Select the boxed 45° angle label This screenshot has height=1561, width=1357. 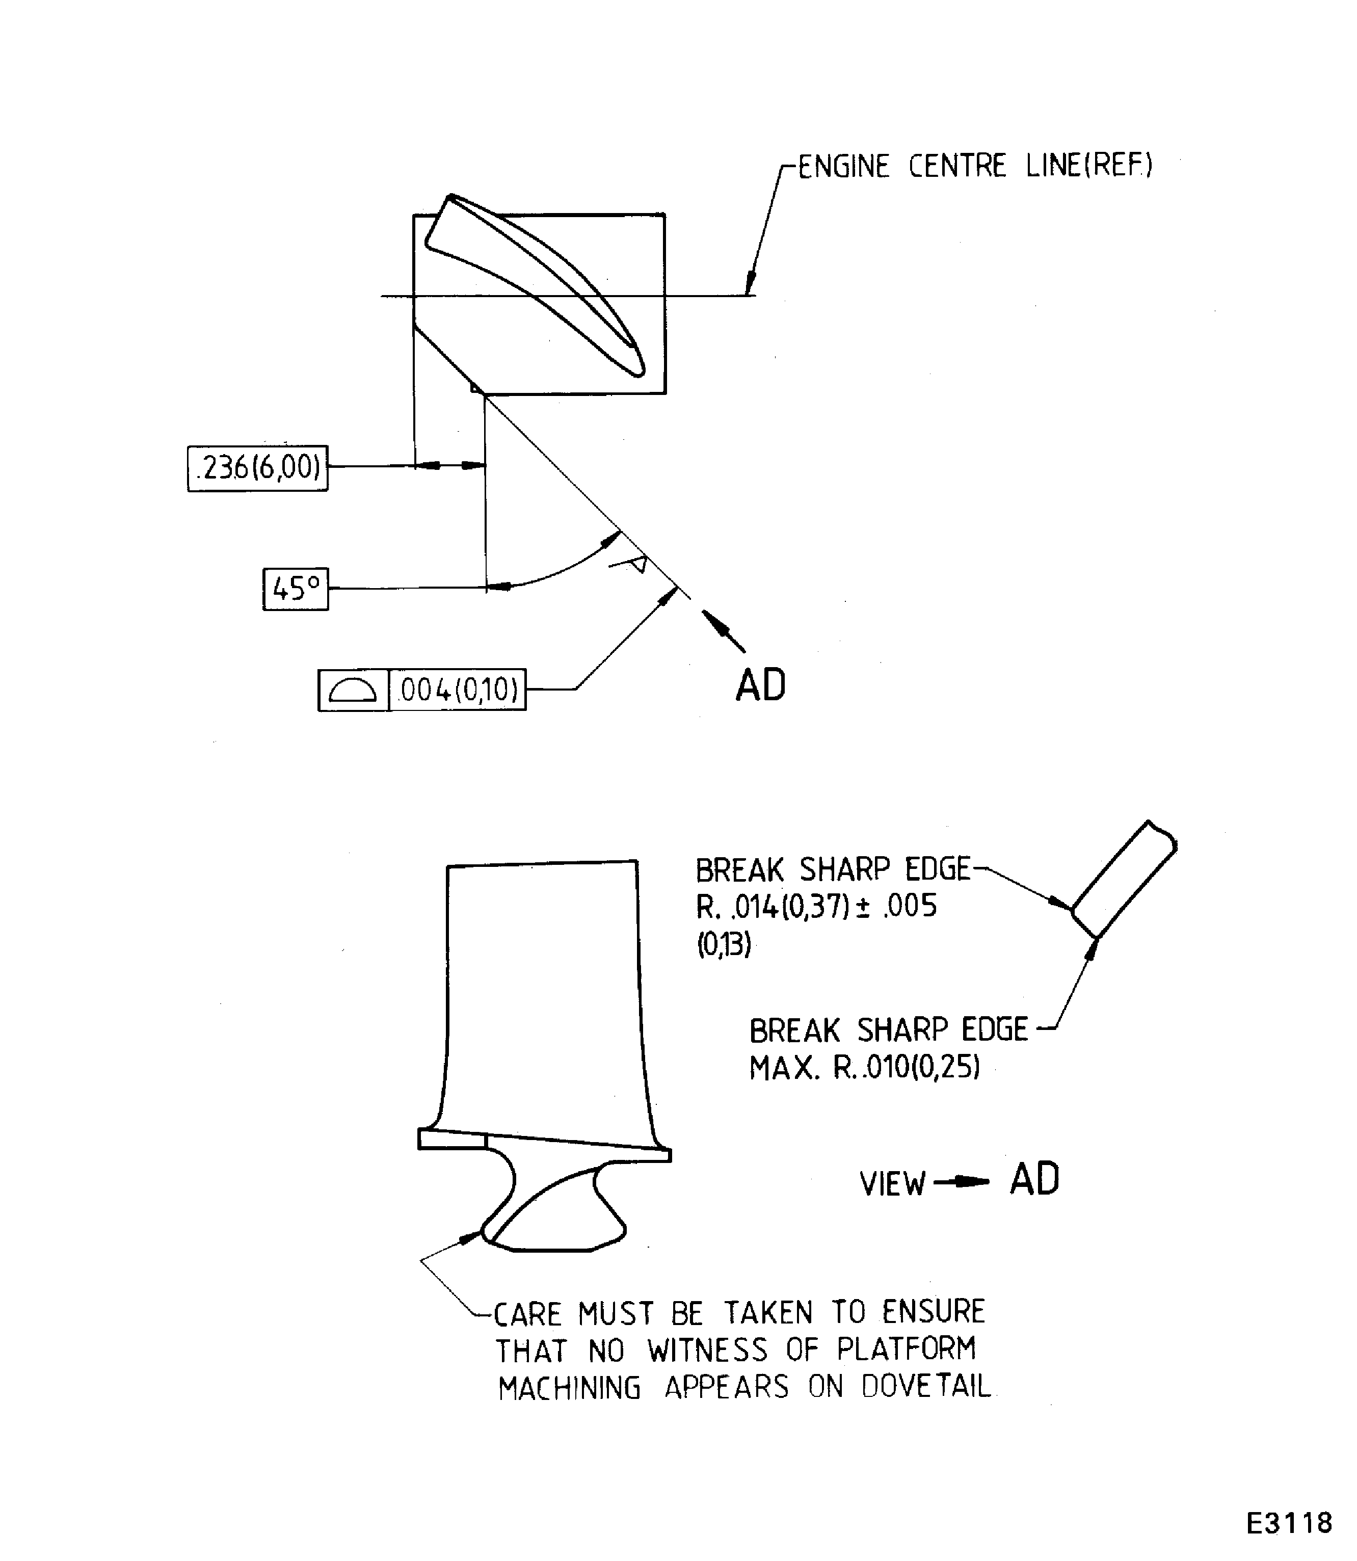click(296, 589)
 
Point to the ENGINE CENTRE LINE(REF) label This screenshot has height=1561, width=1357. click(975, 166)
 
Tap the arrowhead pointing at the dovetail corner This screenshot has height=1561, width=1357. click(471, 1237)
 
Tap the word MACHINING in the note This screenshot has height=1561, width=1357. click(570, 1388)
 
